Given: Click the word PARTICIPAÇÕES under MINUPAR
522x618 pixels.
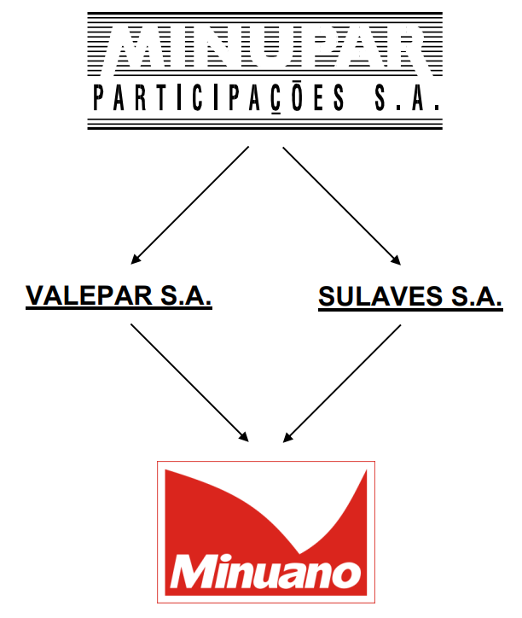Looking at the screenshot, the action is pyautogui.click(x=219, y=98).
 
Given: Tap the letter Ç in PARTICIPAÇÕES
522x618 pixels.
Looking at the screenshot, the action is pyautogui.click(x=276, y=98).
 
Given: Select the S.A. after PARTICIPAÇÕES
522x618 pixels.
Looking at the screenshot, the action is pyautogui.click(x=407, y=98).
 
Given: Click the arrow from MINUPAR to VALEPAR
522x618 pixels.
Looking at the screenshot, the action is pyautogui.click(x=190, y=205).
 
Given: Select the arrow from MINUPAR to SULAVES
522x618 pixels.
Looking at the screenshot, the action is pyautogui.click(x=341, y=206).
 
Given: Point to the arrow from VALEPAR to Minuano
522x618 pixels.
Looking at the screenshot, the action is pyautogui.click(x=190, y=382).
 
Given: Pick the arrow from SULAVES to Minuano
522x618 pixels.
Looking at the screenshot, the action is pyautogui.click(x=342, y=383).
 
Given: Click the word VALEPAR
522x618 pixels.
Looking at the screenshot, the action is pyautogui.click(x=89, y=295).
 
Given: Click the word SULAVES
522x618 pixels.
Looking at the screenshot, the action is pyautogui.click(x=380, y=296).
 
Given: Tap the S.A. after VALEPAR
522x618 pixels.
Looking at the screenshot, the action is pyautogui.click(x=186, y=295).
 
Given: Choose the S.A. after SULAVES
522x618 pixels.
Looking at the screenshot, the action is pyautogui.click(x=477, y=296).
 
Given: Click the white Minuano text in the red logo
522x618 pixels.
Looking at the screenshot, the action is pyautogui.click(x=265, y=572).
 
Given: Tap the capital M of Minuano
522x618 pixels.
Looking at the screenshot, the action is pyautogui.click(x=193, y=572).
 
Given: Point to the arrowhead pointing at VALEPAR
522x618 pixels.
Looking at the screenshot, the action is pyautogui.click(x=136, y=259).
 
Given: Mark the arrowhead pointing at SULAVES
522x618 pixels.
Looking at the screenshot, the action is pyautogui.click(x=396, y=259).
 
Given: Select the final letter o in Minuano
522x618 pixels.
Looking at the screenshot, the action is pyautogui.click(x=347, y=574).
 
